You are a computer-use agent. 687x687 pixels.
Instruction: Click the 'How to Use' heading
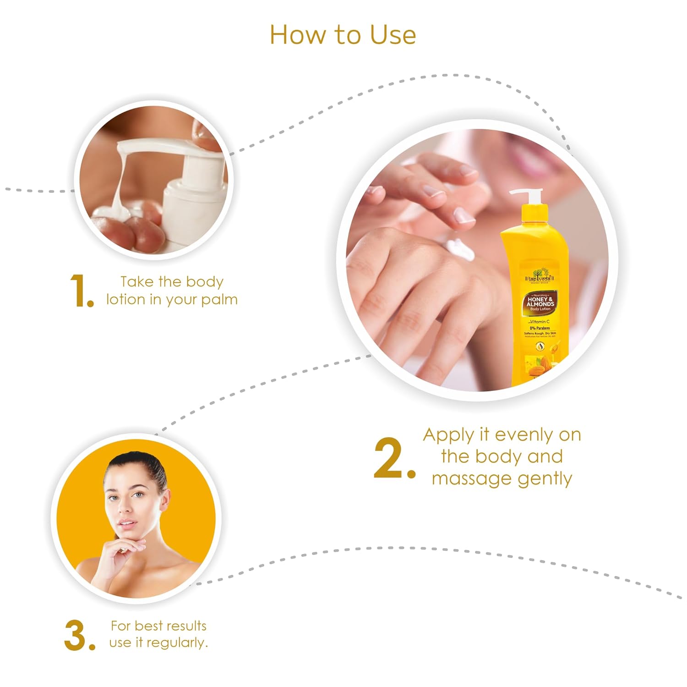tap(343, 35)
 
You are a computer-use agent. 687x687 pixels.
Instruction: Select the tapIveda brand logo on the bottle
tap(540, 278)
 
